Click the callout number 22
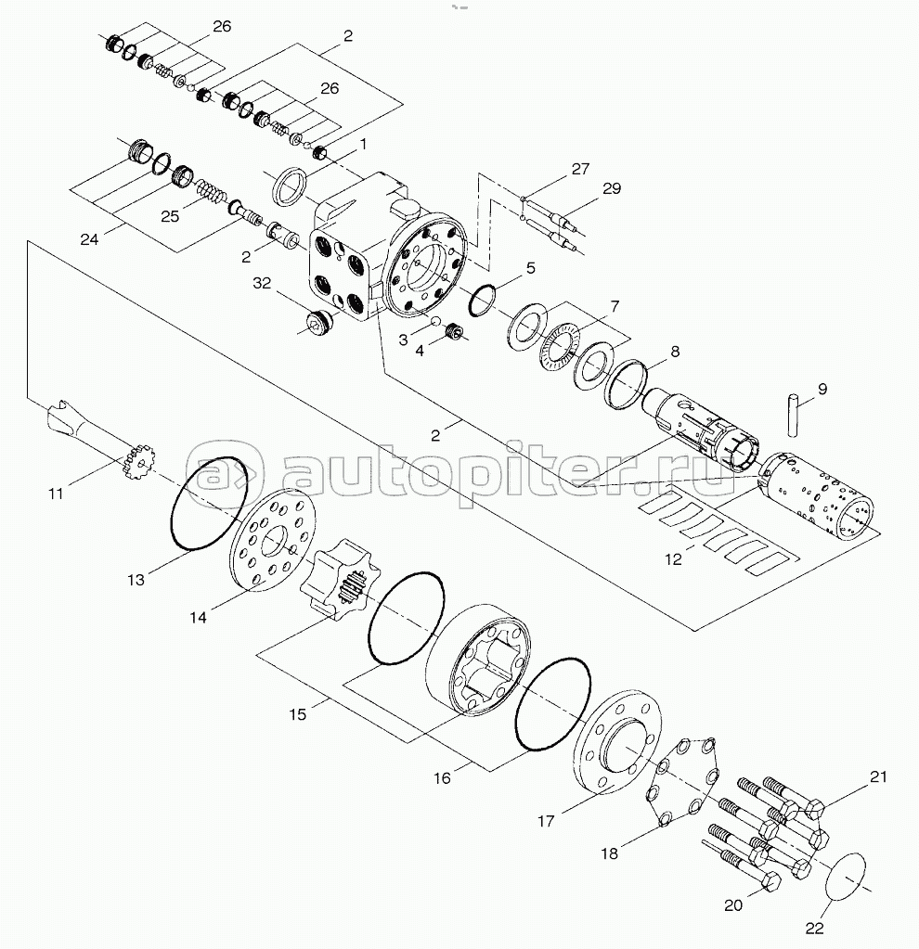815,928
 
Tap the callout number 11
56,494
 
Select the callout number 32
262,283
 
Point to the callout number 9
822,389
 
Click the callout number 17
546,821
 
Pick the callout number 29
612,188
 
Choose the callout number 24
89,239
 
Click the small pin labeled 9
794,415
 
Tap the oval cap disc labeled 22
846,877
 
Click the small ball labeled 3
434,320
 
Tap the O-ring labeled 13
210,504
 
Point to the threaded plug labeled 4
454,332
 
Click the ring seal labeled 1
291,186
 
